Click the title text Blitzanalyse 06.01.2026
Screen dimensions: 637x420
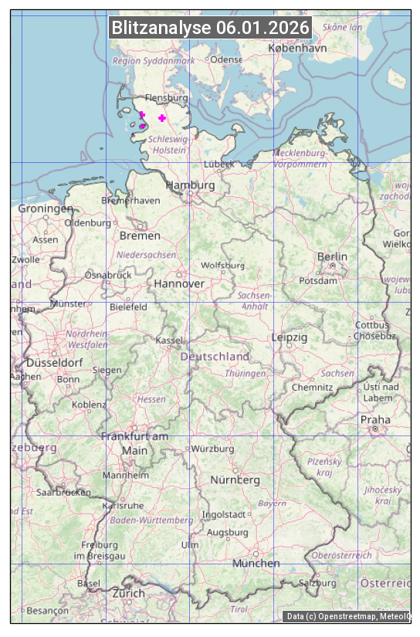(x=210, y=28)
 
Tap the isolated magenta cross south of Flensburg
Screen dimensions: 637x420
(x=161, y=117)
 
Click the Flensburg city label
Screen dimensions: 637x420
(x=166, y=99)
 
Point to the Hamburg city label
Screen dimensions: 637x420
(x=191, y=185)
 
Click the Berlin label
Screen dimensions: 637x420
(x=332, y=256)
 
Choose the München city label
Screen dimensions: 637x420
(x=256, y=563)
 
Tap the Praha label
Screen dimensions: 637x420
(x=375, y=420)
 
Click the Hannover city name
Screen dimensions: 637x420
(x=179, y=283)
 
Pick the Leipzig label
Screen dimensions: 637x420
(x=290, y=337)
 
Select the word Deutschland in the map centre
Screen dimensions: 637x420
(x=215, y=357)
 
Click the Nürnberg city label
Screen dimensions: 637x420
(x=235, y=479)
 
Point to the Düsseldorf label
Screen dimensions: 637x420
(x=54, y=362)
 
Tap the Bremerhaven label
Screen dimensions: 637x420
(x=130, y=200)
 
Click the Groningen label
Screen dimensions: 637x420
(x=46, y=208)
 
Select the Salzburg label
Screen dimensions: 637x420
(x=318, y=582)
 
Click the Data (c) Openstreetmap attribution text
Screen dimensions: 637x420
(x=347, y=616)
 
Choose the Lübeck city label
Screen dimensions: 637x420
(x=218, y=164)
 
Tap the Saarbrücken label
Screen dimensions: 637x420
(x=63, y=491)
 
